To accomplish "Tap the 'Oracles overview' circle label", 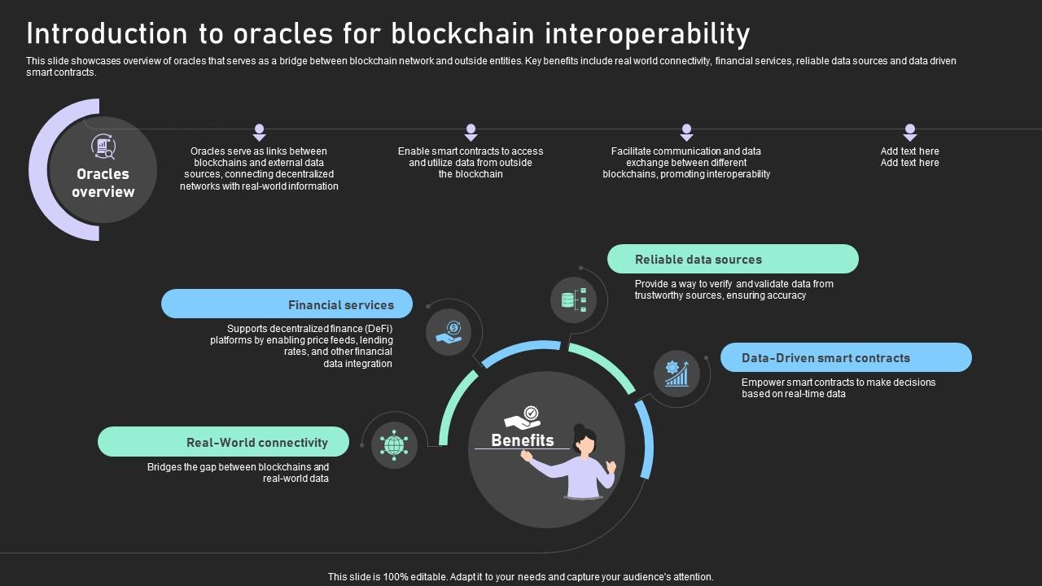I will pos(103,183).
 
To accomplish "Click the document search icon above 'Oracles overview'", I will pos(103,147).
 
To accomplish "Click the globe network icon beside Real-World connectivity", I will pos(394,445).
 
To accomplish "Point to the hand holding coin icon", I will pos(449,332).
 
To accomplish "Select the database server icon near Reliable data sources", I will pos(573,300).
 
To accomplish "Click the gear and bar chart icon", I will pos(676,374).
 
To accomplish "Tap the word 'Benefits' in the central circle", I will pos(523,440).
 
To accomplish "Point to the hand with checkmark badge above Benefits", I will pos(523,418).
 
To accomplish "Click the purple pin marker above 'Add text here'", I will pos(910,132).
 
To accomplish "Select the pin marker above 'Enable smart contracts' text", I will pos(471,132).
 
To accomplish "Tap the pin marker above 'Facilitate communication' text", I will pos(686,132).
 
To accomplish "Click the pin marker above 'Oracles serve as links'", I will pos(259,132).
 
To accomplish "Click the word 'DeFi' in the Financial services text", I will pos(379,329).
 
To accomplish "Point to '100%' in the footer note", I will pos(393,577).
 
